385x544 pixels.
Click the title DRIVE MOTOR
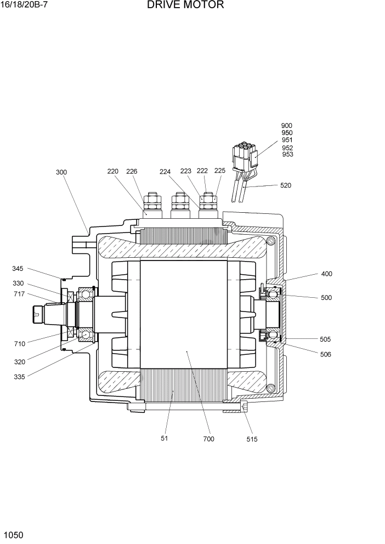185,5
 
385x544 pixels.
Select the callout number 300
61,172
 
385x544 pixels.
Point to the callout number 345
18,269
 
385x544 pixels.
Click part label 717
18,294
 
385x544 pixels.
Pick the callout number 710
20,343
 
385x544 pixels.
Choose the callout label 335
20,376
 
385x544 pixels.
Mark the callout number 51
164,438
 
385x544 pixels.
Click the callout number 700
208,439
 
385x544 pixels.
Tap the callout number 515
252,439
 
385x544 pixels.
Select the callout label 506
326,354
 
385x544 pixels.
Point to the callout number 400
326,274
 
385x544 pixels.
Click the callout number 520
286,185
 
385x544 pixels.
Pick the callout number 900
287,126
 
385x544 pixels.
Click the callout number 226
132,171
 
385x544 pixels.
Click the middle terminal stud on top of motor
179,205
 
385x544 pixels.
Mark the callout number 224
165,171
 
